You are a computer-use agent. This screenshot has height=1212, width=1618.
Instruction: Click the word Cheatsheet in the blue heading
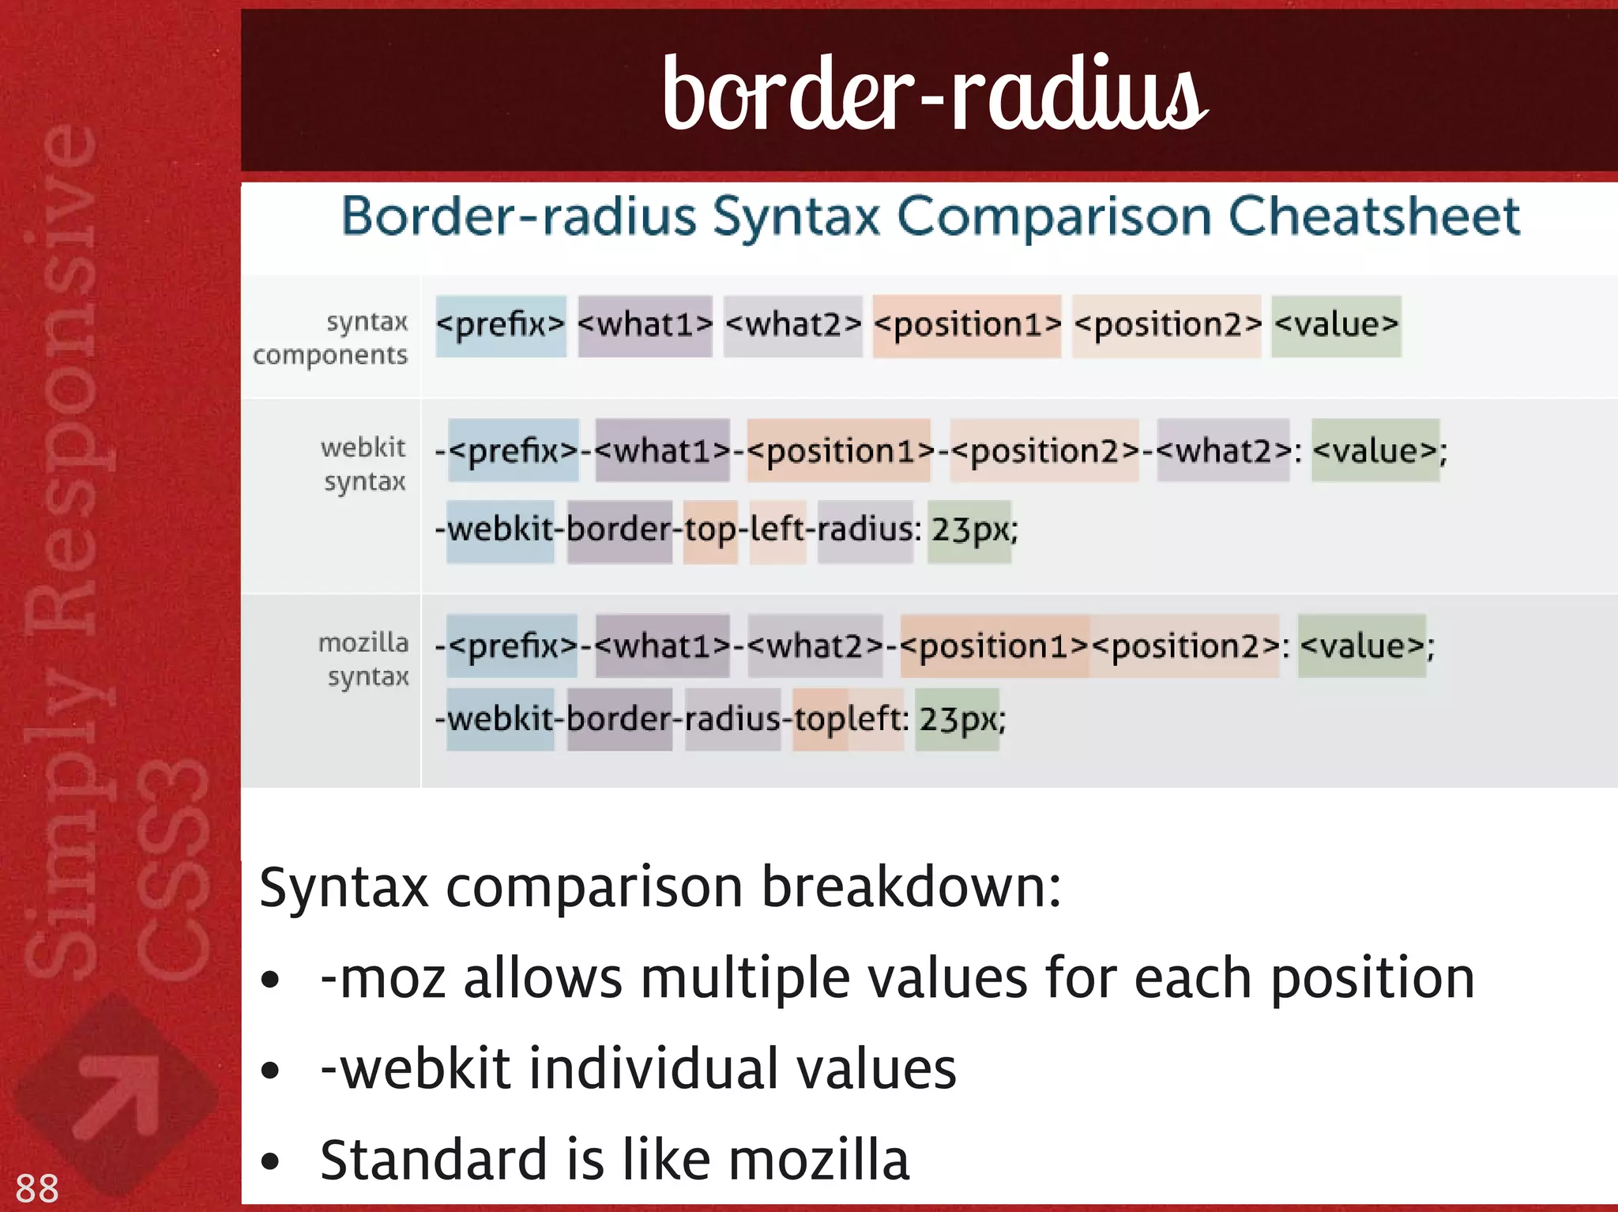pos(1374,216)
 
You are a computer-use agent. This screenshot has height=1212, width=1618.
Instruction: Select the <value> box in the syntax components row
pos(1336,326)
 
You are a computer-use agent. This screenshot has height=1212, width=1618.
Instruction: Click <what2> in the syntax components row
pos(792,326)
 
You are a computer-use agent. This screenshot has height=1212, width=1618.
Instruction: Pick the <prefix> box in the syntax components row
pos(501,326)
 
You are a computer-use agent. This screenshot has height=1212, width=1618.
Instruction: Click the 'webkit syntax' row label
pos(363,464)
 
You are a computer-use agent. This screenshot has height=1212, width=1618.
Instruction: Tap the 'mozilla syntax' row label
pos(364,659)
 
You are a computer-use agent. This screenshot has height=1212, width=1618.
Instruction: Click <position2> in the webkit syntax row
pos(1044,451)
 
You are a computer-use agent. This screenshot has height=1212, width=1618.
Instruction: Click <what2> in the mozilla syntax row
pos(815,646)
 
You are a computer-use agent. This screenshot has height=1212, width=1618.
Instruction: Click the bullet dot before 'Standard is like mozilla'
pos(270,1161)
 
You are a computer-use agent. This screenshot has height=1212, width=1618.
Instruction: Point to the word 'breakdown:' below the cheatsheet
pos(911,888)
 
